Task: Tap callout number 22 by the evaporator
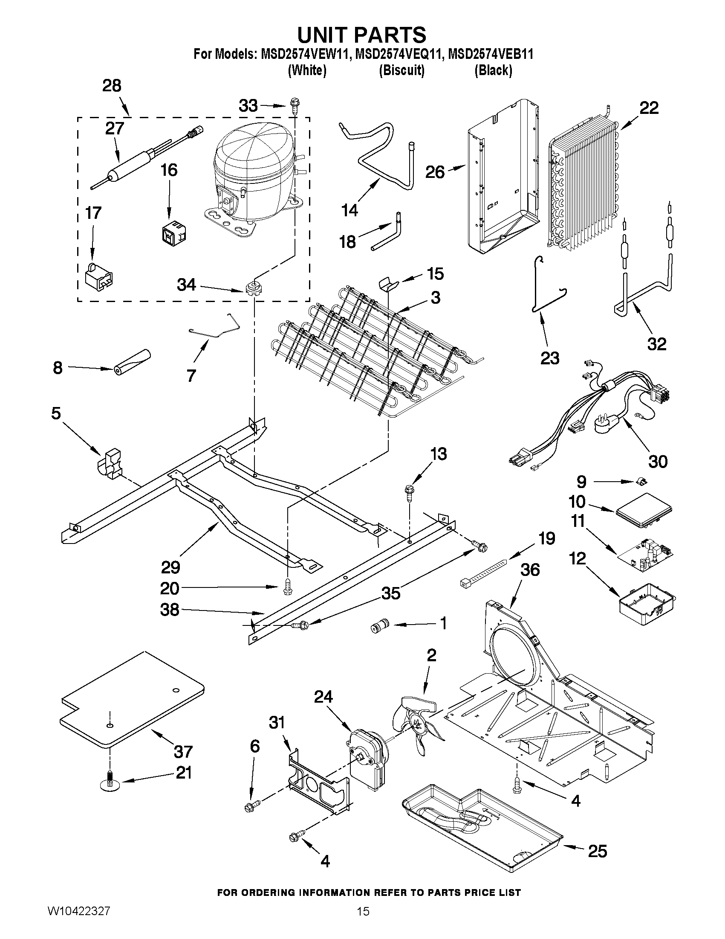click(649, 108)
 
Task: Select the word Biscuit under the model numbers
click(401, 70)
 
